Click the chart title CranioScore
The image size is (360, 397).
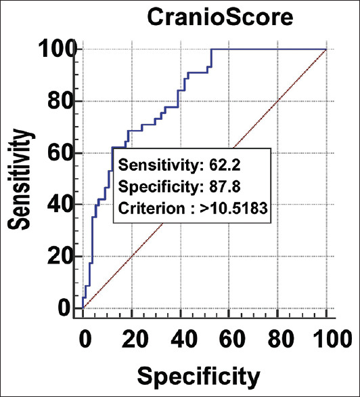coord(220,17)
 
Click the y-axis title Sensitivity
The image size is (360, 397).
coord(19,180)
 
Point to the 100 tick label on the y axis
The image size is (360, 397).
coord(58,49)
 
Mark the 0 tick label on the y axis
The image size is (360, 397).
coord(64,308)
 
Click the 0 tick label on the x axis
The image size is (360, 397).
coord(85,339)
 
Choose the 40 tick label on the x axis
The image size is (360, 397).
coord(184,339)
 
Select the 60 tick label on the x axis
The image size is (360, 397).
coord(233,339)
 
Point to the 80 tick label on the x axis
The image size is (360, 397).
coord(281,339)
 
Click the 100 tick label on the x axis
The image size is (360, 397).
coord(332,339)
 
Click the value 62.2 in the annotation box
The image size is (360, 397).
coord(225,165)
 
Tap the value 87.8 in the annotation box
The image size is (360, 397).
coord(225,187)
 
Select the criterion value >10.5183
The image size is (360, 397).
coord(233,209)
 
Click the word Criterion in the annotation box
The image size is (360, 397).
coord(152,209)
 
